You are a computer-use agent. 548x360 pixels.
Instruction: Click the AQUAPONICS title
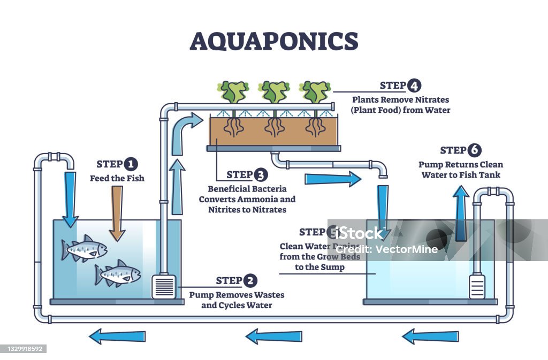pyautogui.click(x=273, y=41)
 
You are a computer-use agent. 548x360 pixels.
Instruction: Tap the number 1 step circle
pyautogui.click(x=130, y=164)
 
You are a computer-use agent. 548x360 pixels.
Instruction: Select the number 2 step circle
pyautogui.click(x=249, y=280)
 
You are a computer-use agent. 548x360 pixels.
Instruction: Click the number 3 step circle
pyautogui.click(x=260, y=174)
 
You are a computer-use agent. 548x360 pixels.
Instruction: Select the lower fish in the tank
pyautogui.click(x=118, y=273)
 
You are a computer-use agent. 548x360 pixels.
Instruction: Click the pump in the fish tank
pyautogui.click(x=163, y=286)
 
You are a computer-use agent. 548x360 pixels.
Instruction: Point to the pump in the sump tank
pyautogui.click(x=476, y=286)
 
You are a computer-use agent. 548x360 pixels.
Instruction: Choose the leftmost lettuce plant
pyautogui.click(x=233, y=91)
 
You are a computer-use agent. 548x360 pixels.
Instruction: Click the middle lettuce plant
pyautogui.click(x=274, y=91)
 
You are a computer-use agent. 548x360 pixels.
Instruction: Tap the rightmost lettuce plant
pyautogui.click(x=315, y=91)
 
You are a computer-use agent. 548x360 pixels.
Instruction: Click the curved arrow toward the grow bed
pyautogui.click(x=185, y=128)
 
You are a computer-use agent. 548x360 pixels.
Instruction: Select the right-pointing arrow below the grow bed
pyautogui.click(x=332, y=179)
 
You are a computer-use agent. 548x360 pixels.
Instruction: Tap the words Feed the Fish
pyautogui.click(x=117, y=178)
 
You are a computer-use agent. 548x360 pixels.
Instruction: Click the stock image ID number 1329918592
pyautogui.click(x=24, y=349)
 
